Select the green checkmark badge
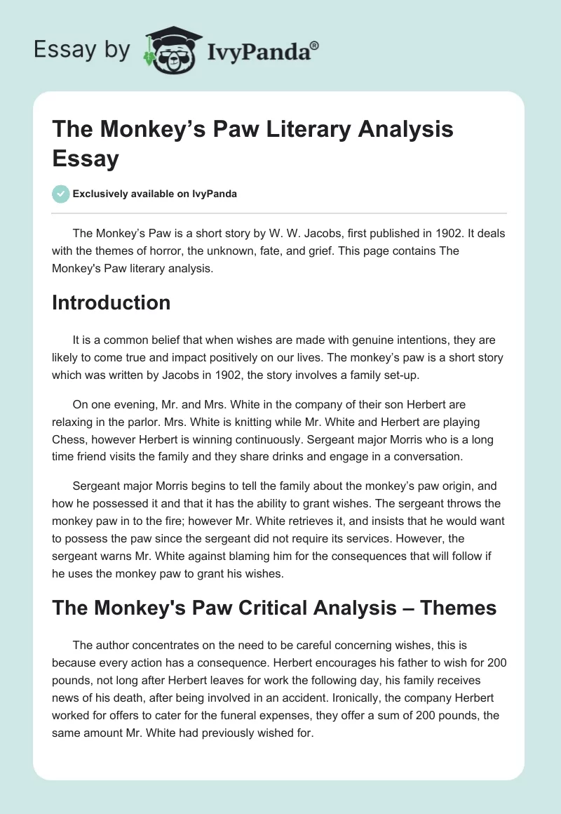(x=61, y=194)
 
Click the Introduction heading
(x=111, y=302)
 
